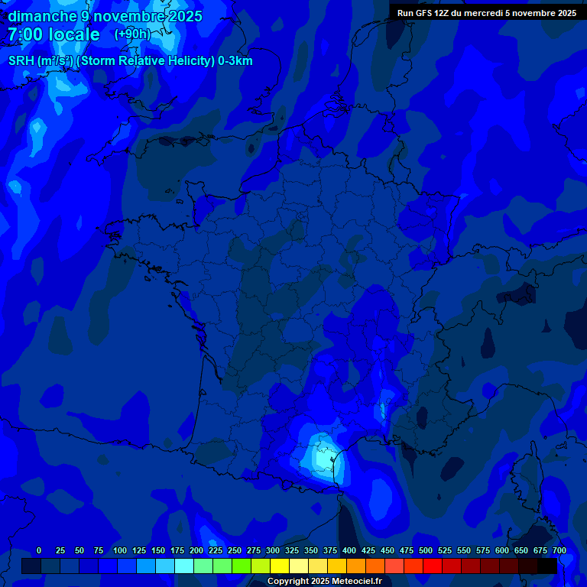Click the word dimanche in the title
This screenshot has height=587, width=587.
coord(43,16)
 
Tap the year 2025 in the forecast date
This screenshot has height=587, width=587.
coord(186,16)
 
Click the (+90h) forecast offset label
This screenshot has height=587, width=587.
coord(131,34)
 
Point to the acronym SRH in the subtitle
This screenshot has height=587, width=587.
coord(21,61)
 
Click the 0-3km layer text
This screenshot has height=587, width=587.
coord(235,61)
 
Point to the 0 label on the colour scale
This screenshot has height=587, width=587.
coord(39,550)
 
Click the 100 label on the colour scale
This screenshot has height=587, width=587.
coord(120,550)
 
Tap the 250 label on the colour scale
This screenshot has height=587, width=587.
coord(235,550)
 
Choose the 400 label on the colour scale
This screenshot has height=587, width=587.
coord(349,550)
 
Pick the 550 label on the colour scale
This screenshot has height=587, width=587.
coord(464,550)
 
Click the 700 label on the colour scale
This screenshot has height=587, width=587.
coord(559,550)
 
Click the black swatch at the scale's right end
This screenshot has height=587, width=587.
coord(547,566)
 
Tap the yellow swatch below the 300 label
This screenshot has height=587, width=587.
coord(280,566)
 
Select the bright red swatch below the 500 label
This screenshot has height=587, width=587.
coord(433,566)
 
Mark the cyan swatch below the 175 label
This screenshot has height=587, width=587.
coord(184,566)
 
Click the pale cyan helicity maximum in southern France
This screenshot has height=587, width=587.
coord(321,457)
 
